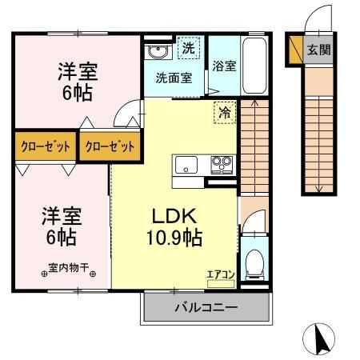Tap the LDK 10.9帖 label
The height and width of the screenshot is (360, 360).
pyautogui.click(x=175, y=226)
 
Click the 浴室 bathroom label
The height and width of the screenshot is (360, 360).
pyautogui.click(x=223, y=67)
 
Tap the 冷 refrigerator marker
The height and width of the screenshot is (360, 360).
pyautogui.click(x=225, y=113)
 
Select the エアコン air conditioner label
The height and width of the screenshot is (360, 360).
pyautogui.click(x=221, y=275)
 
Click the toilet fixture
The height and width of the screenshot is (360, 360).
pyautogui.click(x=253, y=260)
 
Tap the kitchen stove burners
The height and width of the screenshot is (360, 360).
pyautogui.click(x=221, y=166)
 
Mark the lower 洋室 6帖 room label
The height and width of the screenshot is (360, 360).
pyautogui.click(x=62, y=226)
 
